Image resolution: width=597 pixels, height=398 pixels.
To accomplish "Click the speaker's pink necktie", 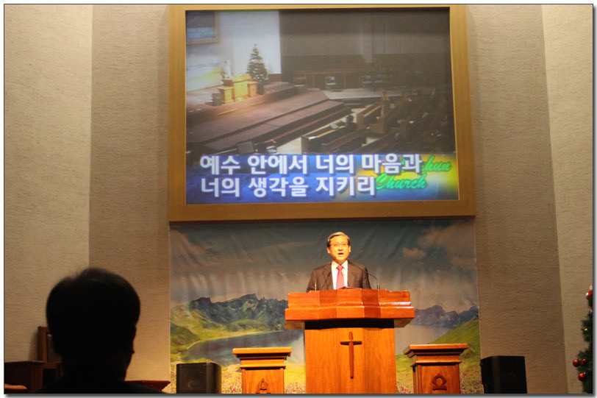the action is coord(340,277).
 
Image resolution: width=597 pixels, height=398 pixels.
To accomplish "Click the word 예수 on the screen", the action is coord(220,166).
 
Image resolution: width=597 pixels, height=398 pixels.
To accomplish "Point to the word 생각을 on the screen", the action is coord(278,187).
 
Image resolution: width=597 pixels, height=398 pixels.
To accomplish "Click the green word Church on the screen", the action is coord(401,182).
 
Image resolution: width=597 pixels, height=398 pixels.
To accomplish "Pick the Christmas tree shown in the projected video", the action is coord(257,64).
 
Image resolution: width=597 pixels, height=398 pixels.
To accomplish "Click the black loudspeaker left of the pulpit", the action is coord(199,378).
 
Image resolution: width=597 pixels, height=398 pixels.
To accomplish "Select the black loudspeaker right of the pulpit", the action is coord(504,374).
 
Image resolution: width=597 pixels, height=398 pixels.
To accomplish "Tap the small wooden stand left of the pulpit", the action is coord(262,370).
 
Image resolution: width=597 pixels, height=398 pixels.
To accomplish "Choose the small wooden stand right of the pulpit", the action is coord(436,369).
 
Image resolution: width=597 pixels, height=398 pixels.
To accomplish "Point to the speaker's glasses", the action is coord(338,245).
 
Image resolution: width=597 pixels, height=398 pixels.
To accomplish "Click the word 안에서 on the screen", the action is coord(277,165).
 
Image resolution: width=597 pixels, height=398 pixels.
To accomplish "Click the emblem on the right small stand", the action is coord(439,382).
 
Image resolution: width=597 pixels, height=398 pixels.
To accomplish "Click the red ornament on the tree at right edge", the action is coord(582,377).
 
